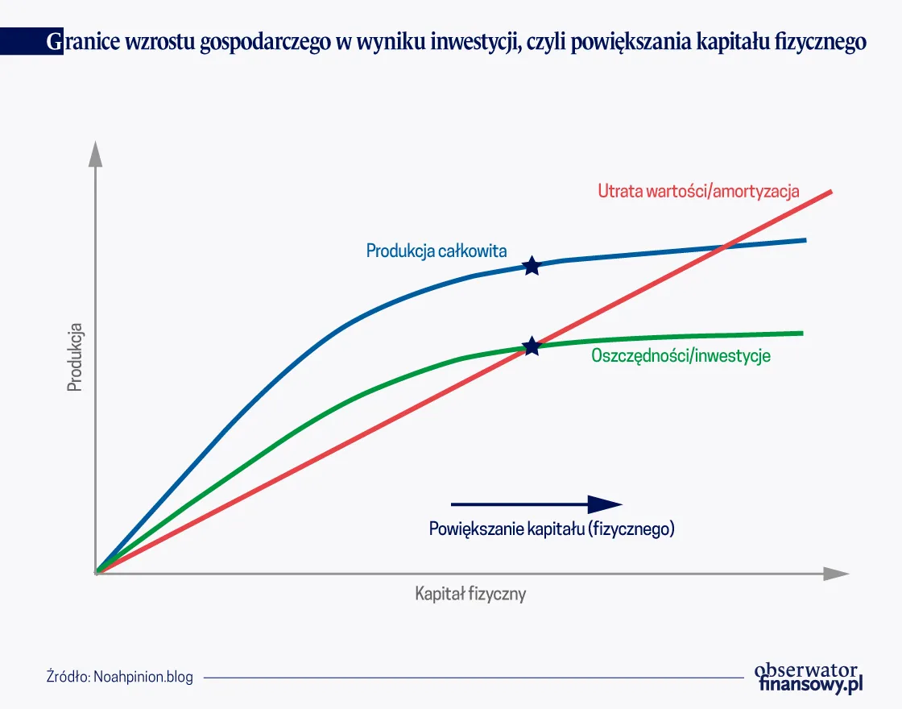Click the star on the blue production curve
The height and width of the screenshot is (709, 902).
tap(532, 266)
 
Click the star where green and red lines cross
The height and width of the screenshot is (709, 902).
tap(532, 346)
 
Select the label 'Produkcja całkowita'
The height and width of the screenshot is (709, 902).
tap(437, 251)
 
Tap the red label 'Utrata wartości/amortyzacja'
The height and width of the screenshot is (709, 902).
tap(698, 191)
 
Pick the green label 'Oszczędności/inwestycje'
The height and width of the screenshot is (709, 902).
tap(681, 355)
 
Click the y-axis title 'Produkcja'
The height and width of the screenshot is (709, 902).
tap(76, 357)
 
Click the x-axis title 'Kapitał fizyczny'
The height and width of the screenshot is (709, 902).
tap(470, 595)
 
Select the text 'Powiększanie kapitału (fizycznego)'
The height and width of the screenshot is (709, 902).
tap(552, 529)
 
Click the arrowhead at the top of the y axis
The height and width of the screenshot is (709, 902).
tap(96, 152)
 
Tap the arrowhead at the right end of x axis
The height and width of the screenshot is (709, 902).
tap(837, 574)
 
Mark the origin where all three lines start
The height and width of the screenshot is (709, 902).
tap(97, 572)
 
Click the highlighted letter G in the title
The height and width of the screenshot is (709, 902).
tap(53, 42)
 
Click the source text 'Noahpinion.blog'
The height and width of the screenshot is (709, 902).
tap(143, 677)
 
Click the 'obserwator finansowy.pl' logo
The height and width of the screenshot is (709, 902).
tap(808, 677)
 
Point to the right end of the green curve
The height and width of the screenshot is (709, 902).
tap(802, 333)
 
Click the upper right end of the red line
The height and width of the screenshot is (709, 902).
tap(830, 192)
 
